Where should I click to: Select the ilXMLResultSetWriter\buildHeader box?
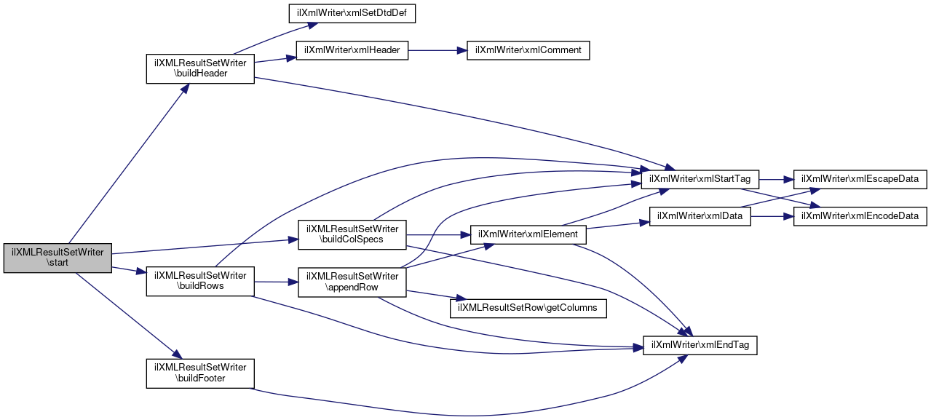[x=200, y=68]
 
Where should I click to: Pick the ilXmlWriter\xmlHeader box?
[x=352, y=50]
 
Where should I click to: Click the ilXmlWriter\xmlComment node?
[x=528, y=50]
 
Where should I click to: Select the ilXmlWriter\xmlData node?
[x=700, y=215]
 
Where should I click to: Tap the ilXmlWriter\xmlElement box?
[x=528, y=234]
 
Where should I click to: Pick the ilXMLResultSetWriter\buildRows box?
[x=200, y=281]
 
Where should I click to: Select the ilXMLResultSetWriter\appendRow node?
[x=352, y=281]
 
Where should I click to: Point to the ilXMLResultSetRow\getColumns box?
[x=528, y=307]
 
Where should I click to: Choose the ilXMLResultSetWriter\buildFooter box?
[x=200, y=373]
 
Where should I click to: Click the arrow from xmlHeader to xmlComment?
[x=437, y=50]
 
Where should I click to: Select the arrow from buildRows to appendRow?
[x=276, y=281]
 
